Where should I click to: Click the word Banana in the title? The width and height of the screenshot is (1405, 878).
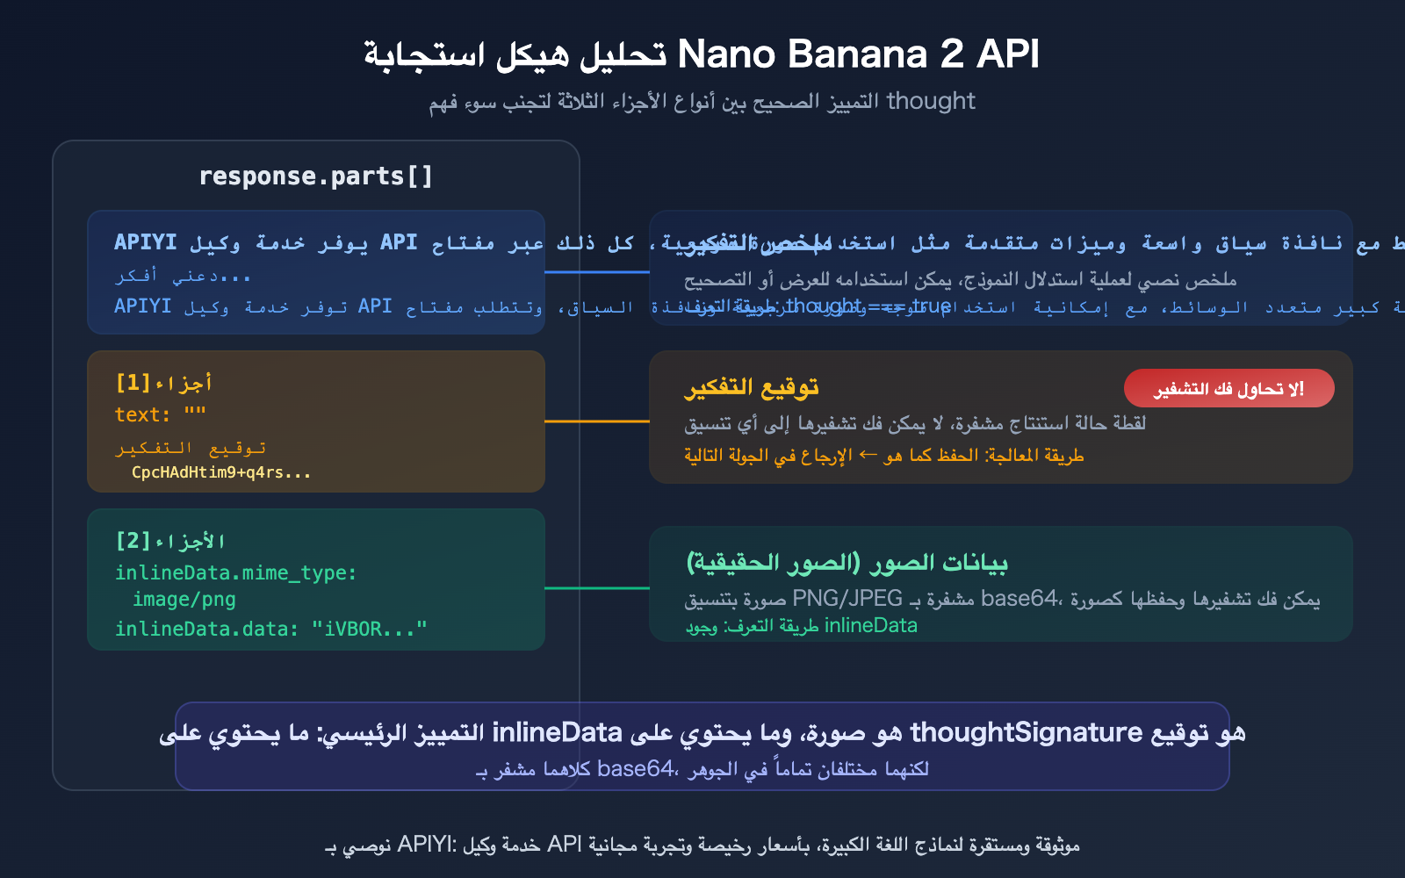(x=857, y=54)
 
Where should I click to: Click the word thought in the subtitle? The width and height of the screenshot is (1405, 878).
(x=931, y=101)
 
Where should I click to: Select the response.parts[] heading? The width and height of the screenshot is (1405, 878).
(x=316, y=176)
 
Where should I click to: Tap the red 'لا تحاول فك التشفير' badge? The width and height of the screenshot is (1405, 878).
(x=1228, y=388)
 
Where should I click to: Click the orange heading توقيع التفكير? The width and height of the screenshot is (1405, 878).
(x=752, y=387)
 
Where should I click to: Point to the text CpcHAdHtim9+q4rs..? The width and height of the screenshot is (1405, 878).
(x=221, y=472)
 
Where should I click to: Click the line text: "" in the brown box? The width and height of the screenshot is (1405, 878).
(x=161, y=414)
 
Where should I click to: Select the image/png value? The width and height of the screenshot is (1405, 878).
(x=184, y=600)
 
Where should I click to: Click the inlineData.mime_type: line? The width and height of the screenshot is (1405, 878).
(x=236, y=573)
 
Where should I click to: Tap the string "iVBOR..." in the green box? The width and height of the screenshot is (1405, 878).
(x=369, y=629)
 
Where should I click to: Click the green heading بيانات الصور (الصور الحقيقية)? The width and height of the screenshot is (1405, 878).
(x=847, y=562)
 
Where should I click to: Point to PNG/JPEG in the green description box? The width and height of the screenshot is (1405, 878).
(x=847, y=599)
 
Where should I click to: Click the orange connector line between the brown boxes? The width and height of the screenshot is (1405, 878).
(x=597, y=421)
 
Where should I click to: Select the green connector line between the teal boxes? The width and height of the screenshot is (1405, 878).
(x=597, y=588)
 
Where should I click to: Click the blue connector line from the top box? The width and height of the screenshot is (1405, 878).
(x=597, y=272)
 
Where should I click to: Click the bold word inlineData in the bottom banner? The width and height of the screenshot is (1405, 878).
(x=557, y=732)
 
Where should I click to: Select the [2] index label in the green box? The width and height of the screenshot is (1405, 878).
(x=133, y=541)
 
